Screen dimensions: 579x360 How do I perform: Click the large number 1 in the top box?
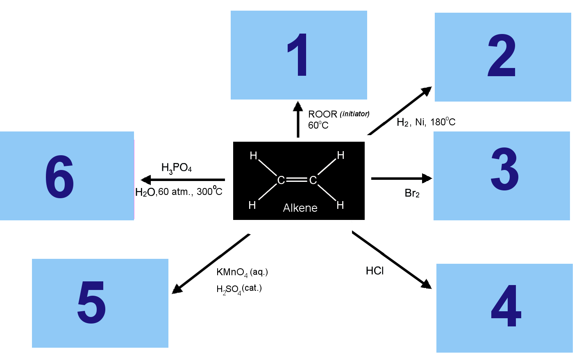pyautogui.click(x=298, y=54)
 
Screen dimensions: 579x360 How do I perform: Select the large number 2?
pyautogui.click(x=502, y=55)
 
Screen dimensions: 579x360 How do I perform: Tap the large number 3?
pyautogui.click(x=504, y=169)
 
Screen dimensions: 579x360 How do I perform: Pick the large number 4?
pyautogui.click(x=506, y=306)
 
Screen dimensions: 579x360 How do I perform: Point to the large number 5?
pyautogui.click(x=91, y=302)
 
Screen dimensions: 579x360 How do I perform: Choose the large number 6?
pyautogui.click(x=59, y=177)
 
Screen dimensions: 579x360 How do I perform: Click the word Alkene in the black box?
pyautogui.click(x=300, y=208)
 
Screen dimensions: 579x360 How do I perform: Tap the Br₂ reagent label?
pyautogui.click(x=412, y=193)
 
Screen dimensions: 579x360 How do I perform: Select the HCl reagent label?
pyautogui.click(x=375, y=271)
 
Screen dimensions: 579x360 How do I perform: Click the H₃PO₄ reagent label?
pyautogui.click(x=177, y=168)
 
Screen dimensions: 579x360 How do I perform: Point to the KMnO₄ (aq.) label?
pyautogui.click(x=242, y=272)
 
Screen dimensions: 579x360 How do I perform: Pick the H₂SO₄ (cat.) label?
pyautogui.click(x=239, y=289)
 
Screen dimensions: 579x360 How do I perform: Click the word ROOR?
pyautogui.click(x=323, y=114)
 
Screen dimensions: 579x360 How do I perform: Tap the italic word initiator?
pyautogui.click(x=354, y=114)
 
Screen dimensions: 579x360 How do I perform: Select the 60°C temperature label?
pyautogui.click(x=318, y=125)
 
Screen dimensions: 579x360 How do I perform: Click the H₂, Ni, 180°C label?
pyautogui.click(x=426, y=122)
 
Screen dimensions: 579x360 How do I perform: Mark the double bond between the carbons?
pyautogui.click(x=297, y=180)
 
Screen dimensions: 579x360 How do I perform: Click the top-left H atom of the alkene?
pyautogui.click(x=253, y=156)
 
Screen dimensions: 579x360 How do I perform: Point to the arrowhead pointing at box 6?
pyautogui.click(x=146, y=180)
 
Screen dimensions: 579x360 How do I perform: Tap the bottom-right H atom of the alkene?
pyautogui.click(x=340, y=205)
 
